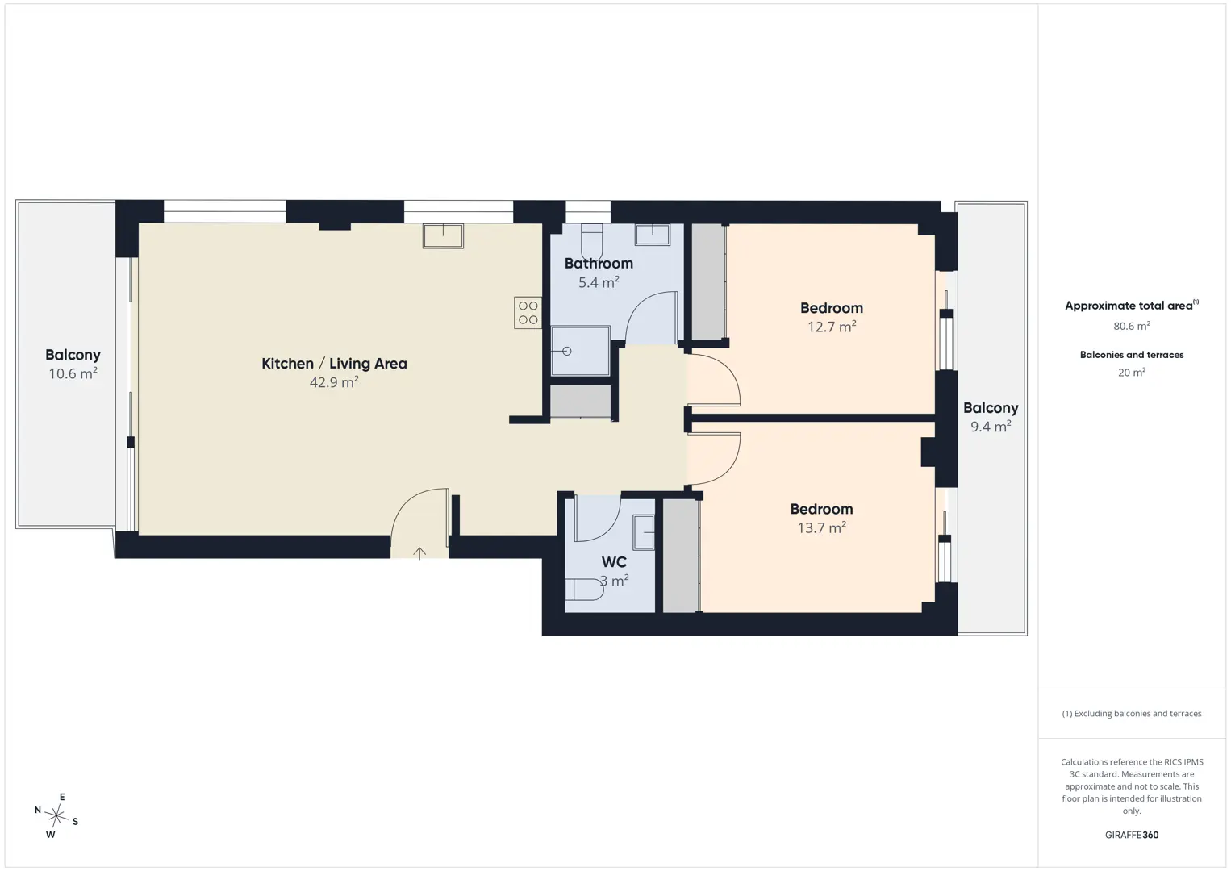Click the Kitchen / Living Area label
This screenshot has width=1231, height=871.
334,364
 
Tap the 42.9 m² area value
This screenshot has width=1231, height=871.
334,382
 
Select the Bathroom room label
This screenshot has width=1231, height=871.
599,264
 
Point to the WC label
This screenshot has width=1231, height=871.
614,562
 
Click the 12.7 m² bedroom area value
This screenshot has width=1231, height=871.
832,327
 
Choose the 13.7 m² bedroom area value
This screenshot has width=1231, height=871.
821,527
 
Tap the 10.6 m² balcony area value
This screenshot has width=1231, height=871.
73,373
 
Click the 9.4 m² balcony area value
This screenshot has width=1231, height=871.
991,427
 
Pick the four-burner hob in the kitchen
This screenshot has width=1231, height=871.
528,313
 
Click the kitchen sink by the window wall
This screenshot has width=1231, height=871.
443,235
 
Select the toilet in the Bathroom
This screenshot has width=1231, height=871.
592,241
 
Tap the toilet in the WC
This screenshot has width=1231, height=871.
585,590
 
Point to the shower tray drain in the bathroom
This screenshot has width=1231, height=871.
566,351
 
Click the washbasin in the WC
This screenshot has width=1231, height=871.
644,532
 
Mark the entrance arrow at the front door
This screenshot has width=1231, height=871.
419,552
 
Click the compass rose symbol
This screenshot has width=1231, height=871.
56,815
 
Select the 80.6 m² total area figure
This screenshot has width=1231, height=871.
1132,326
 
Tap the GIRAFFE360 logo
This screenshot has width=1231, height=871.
1132,835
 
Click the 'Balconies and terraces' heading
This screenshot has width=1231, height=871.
1132,355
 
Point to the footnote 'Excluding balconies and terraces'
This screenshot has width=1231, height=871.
1132,713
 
